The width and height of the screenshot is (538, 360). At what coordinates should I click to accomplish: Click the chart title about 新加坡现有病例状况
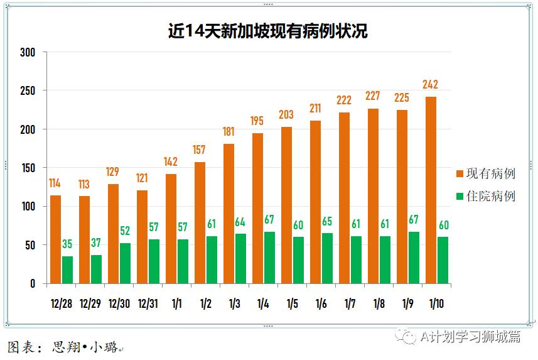point(267,31)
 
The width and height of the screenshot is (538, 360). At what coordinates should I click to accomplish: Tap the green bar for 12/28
point(67,270)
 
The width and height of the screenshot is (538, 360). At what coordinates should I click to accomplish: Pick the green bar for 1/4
point(269,258)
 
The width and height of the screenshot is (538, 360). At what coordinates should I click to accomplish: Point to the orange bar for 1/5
point(286,205)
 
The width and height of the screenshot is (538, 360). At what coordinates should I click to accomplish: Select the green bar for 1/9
point(414,258)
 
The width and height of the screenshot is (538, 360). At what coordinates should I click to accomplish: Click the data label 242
point(431,85)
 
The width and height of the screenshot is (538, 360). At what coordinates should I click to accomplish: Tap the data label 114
point(55,183)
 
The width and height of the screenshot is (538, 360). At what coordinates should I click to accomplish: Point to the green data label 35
point(67,244)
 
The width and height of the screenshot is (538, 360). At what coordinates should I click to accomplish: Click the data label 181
point(229,132)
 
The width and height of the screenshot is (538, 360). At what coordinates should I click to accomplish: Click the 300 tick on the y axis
point(27,52)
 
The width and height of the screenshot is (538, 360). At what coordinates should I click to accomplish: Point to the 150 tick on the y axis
point(27,168)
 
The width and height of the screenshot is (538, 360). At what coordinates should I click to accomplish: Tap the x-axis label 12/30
point(119,304)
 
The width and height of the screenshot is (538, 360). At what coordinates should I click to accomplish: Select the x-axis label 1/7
point(350,304)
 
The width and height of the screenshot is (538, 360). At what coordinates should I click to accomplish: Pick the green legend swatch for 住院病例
point(460,197)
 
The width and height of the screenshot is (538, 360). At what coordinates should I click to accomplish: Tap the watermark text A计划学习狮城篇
point(470,337)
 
